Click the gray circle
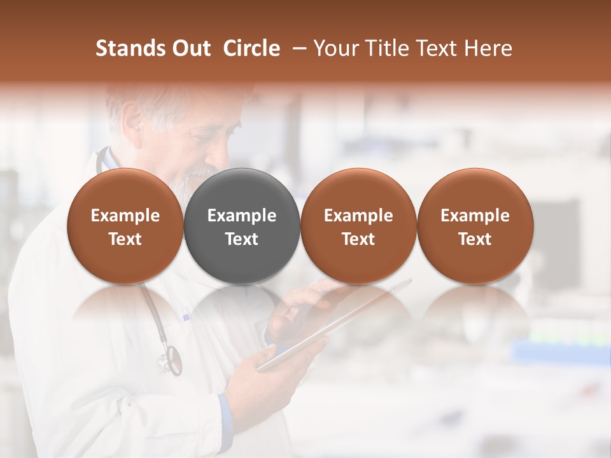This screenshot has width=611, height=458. [242, 226]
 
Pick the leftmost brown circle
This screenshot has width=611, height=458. [125, 226]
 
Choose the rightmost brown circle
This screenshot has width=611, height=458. [475, 226]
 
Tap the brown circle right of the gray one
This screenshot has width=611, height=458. [358, 226]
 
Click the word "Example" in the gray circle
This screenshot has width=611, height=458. [242, 216]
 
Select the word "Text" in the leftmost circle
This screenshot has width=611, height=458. [125, 239]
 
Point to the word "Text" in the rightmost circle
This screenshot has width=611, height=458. [475, 239]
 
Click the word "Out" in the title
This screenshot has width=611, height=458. [190, 48]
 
